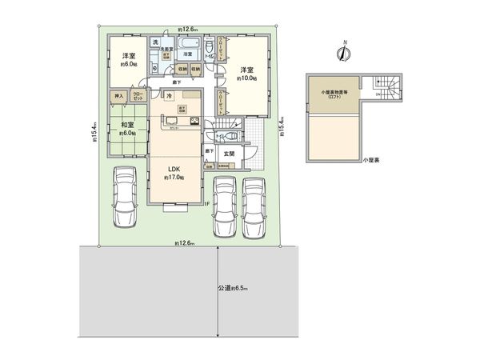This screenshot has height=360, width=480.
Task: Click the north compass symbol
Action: pos(344,51)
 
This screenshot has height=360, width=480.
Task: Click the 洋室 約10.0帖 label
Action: pos(246,74)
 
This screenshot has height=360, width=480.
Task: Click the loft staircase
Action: pos(386,86)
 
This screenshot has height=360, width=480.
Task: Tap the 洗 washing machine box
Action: pos(157,42)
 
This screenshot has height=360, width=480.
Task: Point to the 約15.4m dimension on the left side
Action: pos(93,133)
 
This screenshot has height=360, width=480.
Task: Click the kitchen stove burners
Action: pos(194,121)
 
